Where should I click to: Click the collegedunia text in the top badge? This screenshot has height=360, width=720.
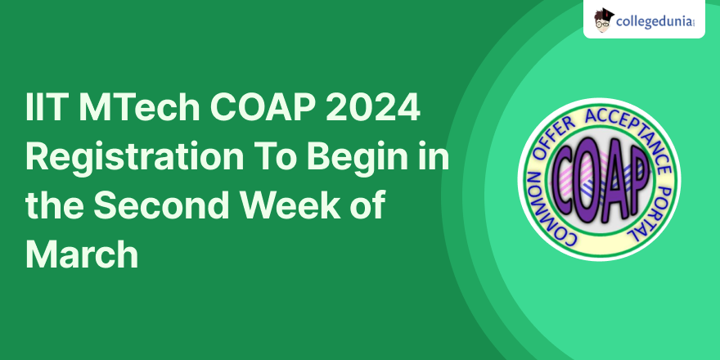click(654, 21)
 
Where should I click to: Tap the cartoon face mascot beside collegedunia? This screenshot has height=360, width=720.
click(603, 20)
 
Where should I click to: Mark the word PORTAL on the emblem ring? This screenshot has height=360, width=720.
click(653, 212)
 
